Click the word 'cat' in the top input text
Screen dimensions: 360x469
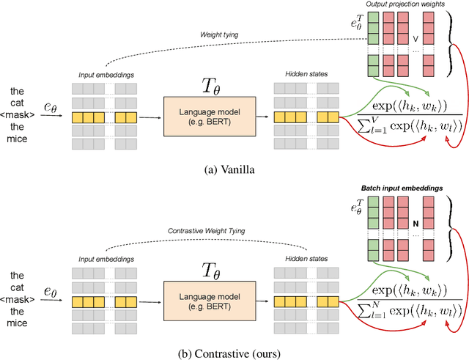point(18,103)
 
